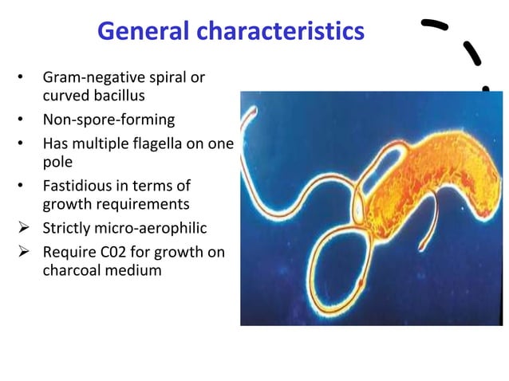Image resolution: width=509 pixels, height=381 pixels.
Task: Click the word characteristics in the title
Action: click(x=282, y=32)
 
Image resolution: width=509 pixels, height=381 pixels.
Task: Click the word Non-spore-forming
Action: click(x=109, y=121)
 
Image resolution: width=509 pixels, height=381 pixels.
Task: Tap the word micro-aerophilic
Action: click(x=152, y=228)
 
